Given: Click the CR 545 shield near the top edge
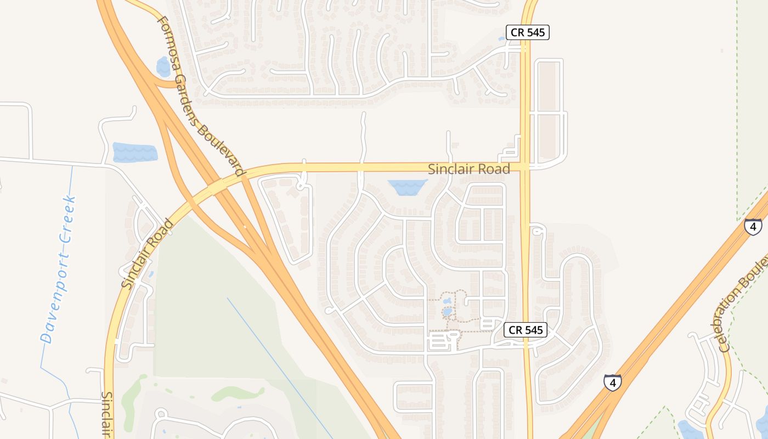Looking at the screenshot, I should tap(527, 32).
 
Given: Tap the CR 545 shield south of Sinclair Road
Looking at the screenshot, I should tap(526, 330).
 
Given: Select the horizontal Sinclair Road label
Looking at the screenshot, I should tap(469, 169).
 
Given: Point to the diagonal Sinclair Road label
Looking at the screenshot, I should tap(146, 255).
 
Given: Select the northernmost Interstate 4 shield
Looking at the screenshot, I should tap(753, 226).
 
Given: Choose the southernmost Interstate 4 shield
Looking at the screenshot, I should tap(612, 382).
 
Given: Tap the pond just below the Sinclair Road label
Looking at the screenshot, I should tap(407, 187).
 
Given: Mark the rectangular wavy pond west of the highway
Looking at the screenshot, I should tap(134, 152).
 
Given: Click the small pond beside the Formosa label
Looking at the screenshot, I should tap(163, 67).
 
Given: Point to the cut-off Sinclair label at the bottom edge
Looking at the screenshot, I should tap(108, 414).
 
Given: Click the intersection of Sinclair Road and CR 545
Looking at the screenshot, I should tap(526, 166).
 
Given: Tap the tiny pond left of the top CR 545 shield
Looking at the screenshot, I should tap(501, 39).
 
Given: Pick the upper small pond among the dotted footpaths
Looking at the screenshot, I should tap(447, 301).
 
